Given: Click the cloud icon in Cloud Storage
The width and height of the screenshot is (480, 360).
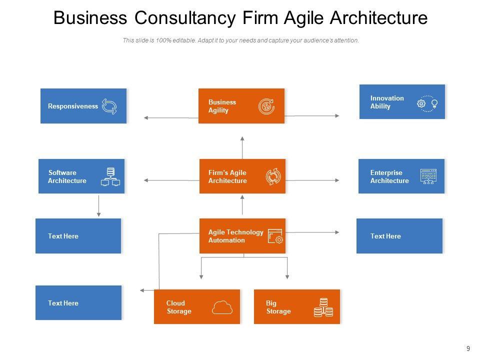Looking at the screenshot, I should click(222, 307).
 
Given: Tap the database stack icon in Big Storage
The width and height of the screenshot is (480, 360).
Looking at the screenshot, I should click(323, 307).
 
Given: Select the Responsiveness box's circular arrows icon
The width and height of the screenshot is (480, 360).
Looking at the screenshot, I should click(109, 106).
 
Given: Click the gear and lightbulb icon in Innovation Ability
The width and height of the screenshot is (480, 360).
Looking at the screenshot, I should click(427, 103).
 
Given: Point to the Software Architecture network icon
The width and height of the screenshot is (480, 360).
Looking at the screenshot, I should click(110, 177).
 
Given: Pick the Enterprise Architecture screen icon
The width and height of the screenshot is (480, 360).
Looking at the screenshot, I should click(428, 176).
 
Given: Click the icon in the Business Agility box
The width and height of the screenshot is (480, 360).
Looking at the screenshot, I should click(266, 106).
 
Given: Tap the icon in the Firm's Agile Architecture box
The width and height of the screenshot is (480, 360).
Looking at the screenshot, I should click(273, 176).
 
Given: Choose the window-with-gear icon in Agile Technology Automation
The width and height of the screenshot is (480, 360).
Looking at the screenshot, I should click(275, 236).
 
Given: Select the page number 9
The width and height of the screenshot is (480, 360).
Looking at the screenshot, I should click(468, 349).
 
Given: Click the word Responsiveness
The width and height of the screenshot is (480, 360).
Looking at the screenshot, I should click(73, 106).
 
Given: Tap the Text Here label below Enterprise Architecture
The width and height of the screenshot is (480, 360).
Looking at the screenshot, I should click(385, 236).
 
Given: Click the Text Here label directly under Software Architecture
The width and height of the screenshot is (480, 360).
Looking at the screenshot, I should click(63, 236).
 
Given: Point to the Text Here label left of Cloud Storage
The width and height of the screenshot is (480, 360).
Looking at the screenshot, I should click(63, 303).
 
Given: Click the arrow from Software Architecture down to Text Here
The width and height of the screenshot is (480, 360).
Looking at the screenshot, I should click(99, 205).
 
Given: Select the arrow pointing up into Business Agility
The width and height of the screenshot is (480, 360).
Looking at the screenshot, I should click(242, 147).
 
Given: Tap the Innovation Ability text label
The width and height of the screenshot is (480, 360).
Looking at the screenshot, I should click(386, 102).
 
